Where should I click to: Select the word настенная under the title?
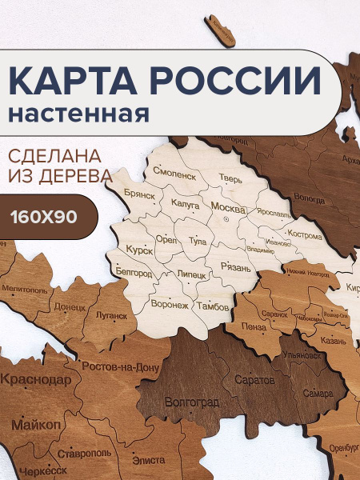(79, 113)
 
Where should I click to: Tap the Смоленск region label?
(174, 173)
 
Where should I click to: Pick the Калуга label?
(186, 205)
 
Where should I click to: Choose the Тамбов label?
(214, 306)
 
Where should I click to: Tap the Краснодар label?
(34, 379)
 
